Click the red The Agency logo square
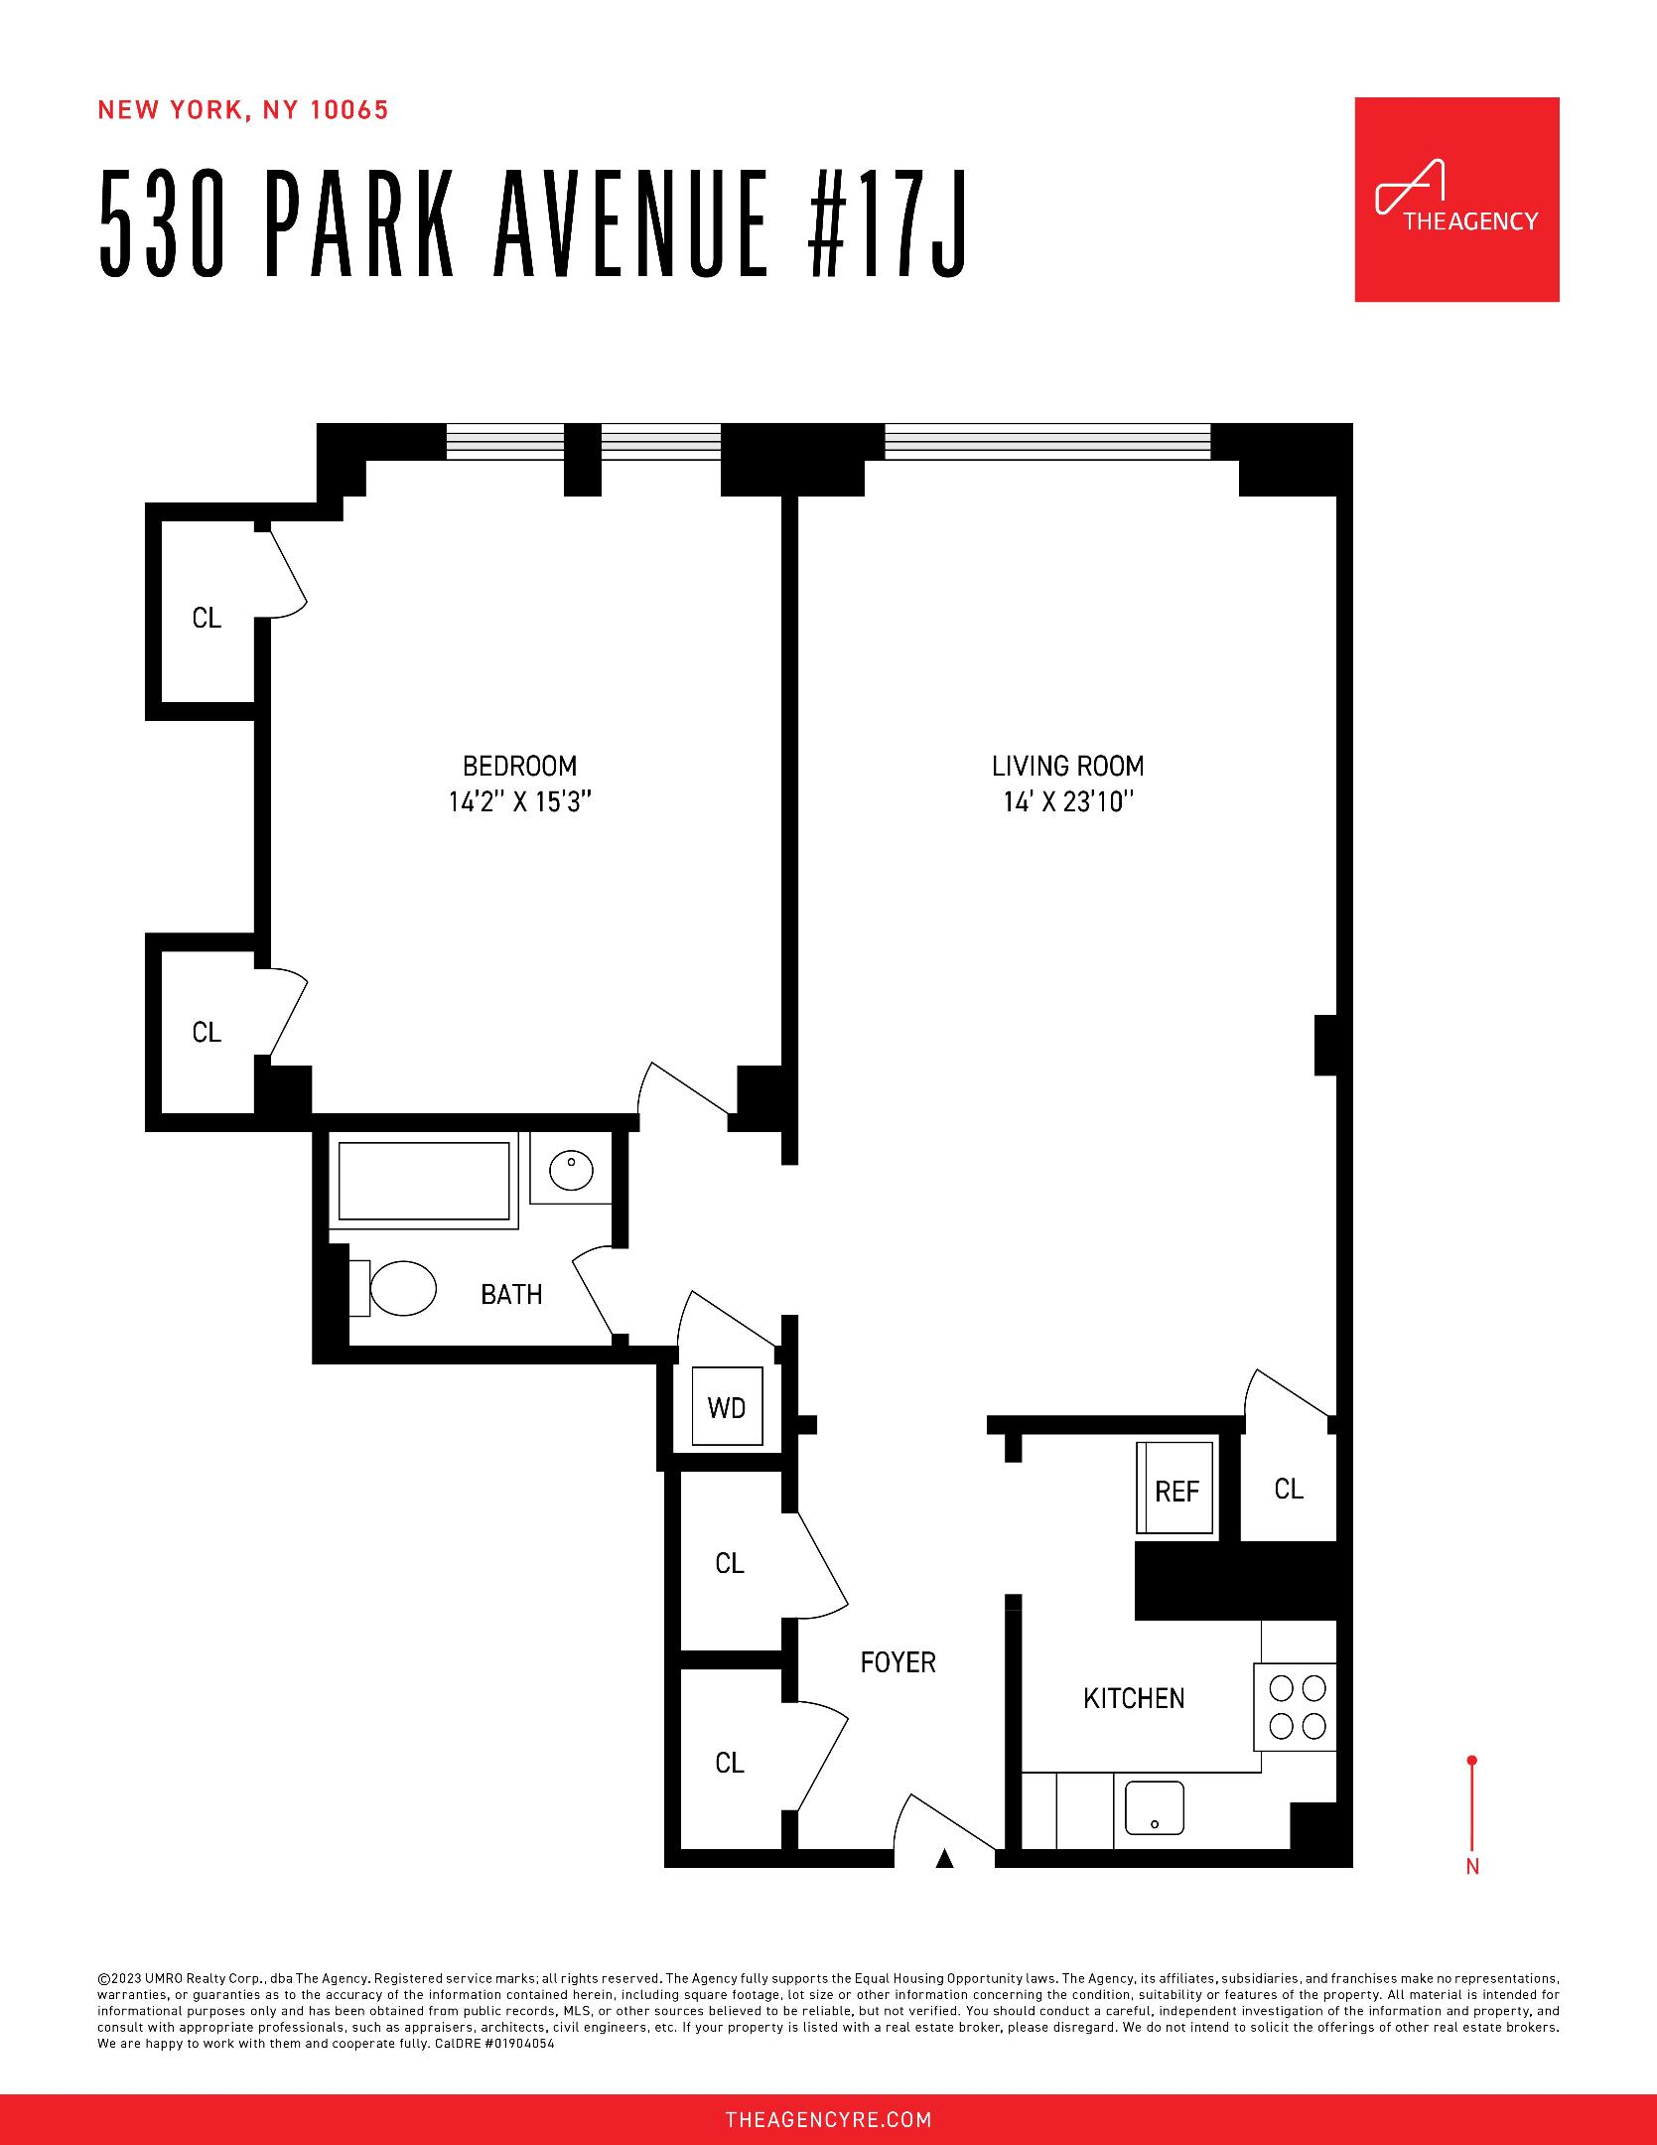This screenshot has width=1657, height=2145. (1455, 199)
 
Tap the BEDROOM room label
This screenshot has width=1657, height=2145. (519, 766)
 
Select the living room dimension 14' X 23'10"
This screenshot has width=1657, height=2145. (1068, 802)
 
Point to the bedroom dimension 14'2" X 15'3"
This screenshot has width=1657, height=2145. (519, 802)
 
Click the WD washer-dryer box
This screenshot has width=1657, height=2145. (727, 1407)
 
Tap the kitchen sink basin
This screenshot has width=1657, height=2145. (1154, 1807)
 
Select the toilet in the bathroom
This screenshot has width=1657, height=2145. (398, 1288)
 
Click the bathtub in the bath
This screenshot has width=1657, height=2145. (425, 1181)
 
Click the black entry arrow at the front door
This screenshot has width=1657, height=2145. (944, 1858)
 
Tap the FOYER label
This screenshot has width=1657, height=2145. (898, 1662)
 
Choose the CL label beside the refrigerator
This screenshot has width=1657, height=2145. (1289, 1489)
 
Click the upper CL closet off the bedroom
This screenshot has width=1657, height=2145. (207, 618)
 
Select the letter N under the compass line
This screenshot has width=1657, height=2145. (1472, 1867)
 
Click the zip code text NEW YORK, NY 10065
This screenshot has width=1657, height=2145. (243, 110)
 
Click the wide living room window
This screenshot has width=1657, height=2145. (1047, 442)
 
